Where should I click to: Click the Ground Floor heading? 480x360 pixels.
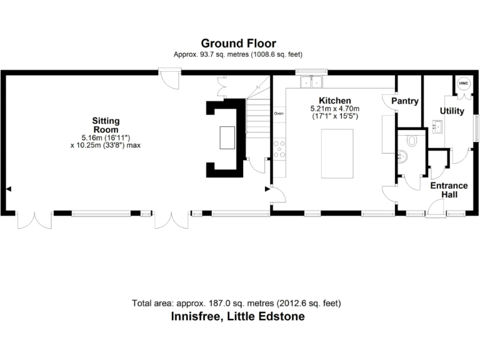click(238, 43)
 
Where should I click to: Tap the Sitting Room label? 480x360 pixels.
click(106, 125)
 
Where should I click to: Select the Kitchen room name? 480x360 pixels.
click(334, 100)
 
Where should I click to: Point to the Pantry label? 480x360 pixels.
click(404, 101)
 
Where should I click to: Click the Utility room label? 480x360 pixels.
click(451, 111)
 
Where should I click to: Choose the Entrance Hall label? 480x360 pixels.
click(449, 190)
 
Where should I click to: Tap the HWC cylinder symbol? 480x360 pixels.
click(464, 84)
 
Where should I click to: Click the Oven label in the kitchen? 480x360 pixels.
click(279, 114)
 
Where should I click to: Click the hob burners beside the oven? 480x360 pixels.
click(279, 147)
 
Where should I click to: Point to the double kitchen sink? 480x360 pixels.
click(311, 81)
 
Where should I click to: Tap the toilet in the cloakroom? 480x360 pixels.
click(411, 141)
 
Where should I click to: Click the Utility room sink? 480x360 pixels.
click(437, 127)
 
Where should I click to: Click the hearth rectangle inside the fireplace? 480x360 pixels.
click(226, 137)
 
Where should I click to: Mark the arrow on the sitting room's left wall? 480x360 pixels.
click(8, 187)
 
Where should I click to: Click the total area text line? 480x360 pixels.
click(236, 303)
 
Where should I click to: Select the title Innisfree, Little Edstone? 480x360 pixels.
click(238, 317)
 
